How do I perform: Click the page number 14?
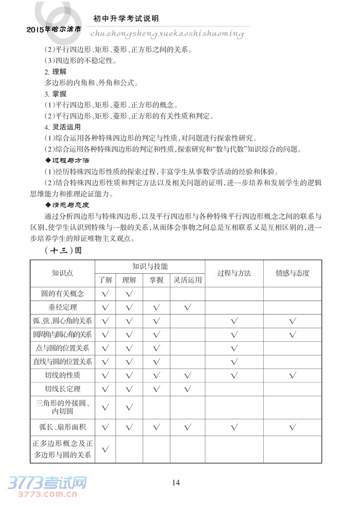(176, 482)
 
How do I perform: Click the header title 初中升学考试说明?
(125, 19)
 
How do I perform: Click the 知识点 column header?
(62, 273)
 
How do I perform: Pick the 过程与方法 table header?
(234, 273)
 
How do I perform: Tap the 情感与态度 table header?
(293, 273)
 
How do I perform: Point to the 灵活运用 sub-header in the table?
(188, 281)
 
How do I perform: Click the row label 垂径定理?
(62, 307)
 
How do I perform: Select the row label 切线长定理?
(62, 389)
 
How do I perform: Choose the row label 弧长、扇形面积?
(62, 426)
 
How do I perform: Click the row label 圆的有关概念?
(62, 294)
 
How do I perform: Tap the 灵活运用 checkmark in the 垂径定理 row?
(188, 307)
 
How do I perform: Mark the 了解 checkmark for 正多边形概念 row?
(105, 449)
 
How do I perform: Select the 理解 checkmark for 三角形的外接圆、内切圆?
(129, 408)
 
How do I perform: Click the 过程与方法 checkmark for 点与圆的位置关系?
(234, 348)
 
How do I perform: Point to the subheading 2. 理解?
(56, 72)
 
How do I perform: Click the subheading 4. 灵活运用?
(62, 127)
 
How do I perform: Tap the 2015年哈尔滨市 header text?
(53, 30)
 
